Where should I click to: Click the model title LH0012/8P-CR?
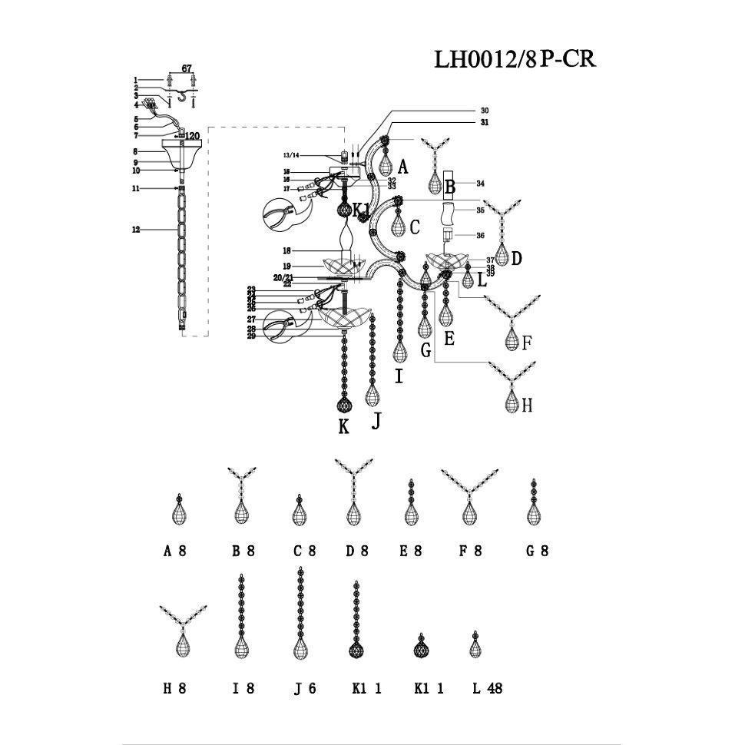pos(515,59)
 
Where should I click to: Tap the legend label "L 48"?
pos(487,689)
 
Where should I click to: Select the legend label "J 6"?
pos(305,689)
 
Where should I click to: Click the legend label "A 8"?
pos(175,551)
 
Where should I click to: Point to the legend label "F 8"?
pos(469,551)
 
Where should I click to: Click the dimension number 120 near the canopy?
pos(191,136)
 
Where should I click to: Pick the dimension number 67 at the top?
pos(186,69)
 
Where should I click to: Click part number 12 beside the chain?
pos(136,229)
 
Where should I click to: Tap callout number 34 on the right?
pos(480,184)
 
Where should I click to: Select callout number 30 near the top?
pos(485,111)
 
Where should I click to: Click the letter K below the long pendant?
pos(343,427)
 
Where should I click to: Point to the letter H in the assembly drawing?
pos(527,406)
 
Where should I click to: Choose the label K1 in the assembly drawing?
pos(362,209)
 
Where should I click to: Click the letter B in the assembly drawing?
pos(450,186)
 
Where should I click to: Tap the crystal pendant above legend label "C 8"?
pos(299,511)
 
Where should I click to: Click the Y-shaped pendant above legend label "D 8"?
pos(353,492)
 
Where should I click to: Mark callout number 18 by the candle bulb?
pos(287,251)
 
